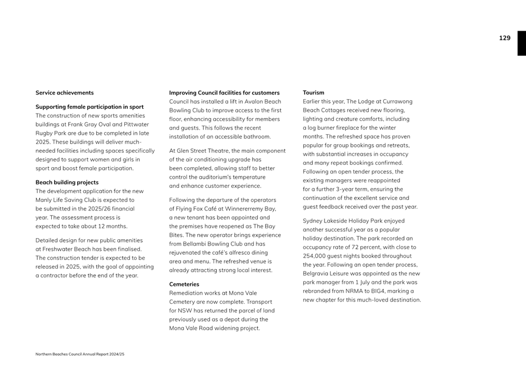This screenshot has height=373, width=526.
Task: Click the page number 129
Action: (x=504, y=38)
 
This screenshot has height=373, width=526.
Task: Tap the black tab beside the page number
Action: (x=521, y=43)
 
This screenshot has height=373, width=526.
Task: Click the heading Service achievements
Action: (x=64, y=93)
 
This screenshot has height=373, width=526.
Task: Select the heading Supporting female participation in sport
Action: (x=90, y=107)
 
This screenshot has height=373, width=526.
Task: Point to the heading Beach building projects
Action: (x=67, y=182)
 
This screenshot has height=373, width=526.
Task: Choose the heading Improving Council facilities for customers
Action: (x=224, y=93)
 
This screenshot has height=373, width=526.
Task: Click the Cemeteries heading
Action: (x=184, y=284)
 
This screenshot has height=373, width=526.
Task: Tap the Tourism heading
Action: (x=314, y=93)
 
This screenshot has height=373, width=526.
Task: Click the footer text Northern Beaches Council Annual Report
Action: (x=79, y=354)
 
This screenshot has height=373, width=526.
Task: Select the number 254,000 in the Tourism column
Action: (x=315, y=255)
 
